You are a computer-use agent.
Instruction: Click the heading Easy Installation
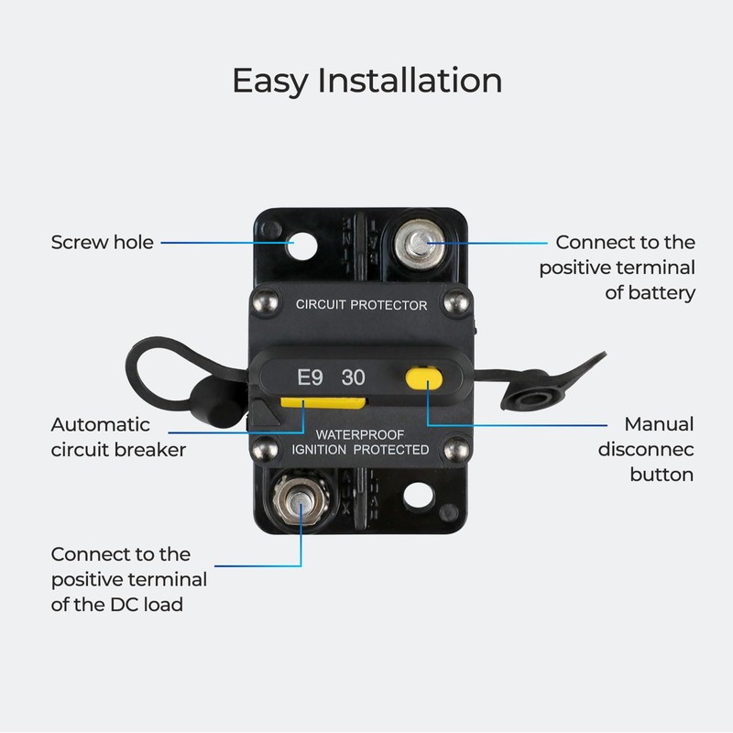(366, 81)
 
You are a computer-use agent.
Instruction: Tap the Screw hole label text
(102, 243)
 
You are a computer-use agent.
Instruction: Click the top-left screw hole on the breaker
(300, 245)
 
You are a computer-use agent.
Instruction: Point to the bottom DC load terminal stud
(300, 503)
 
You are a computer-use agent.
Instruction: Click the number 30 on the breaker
(353, 377)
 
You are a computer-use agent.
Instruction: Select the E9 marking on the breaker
(310, 377)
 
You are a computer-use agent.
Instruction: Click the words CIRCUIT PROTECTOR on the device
(361, 305)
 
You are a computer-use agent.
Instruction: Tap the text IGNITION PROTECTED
(360, 449)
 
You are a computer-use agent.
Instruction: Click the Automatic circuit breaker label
(119, 437)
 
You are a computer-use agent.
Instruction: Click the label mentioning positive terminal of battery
(617, 268)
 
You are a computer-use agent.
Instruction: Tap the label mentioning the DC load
(128, 579)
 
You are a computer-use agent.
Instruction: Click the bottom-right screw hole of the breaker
(419, 495)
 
